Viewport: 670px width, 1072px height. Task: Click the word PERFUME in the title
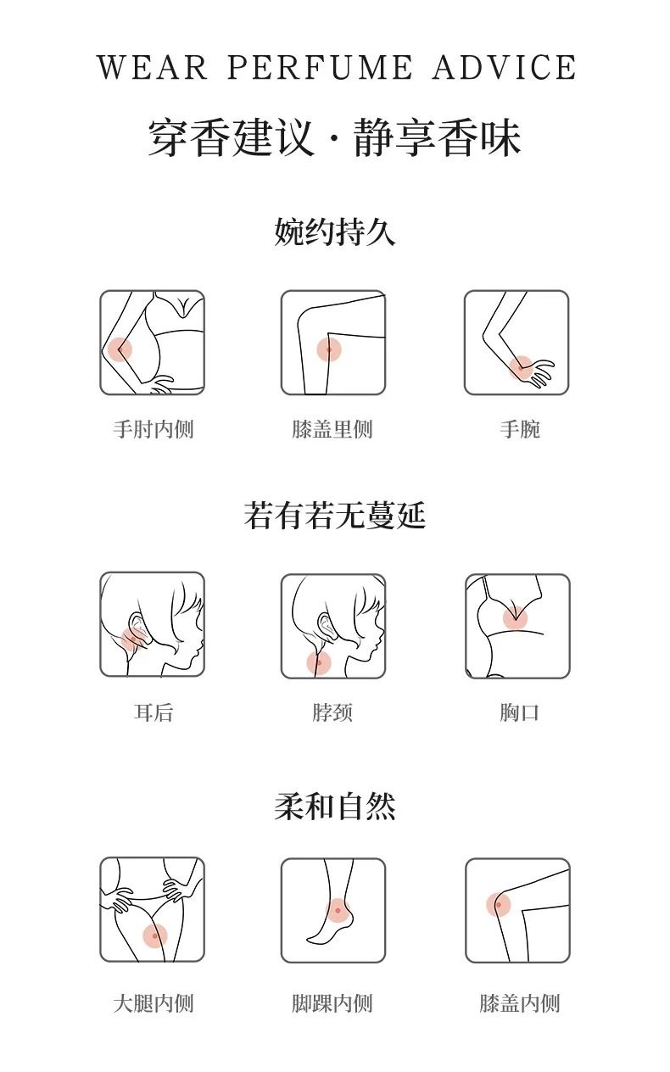320,67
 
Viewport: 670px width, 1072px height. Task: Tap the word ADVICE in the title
505,67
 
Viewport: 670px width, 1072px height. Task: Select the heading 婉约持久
335,232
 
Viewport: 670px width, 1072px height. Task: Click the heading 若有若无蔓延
335,516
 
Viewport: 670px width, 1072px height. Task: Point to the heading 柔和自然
335,807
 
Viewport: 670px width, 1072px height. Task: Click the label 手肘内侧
154,429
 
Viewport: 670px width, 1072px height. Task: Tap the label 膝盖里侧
332,429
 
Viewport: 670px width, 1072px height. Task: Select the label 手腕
520,429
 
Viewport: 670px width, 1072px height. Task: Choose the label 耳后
154,712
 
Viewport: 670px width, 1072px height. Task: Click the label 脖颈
332,712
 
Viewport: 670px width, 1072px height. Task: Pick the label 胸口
520,712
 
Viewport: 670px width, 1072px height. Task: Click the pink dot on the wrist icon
521,368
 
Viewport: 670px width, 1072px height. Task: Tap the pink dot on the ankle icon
338,911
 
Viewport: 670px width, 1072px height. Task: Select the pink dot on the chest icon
515,617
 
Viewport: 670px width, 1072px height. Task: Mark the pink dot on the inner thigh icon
155,936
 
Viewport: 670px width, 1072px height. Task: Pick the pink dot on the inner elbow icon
120,349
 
